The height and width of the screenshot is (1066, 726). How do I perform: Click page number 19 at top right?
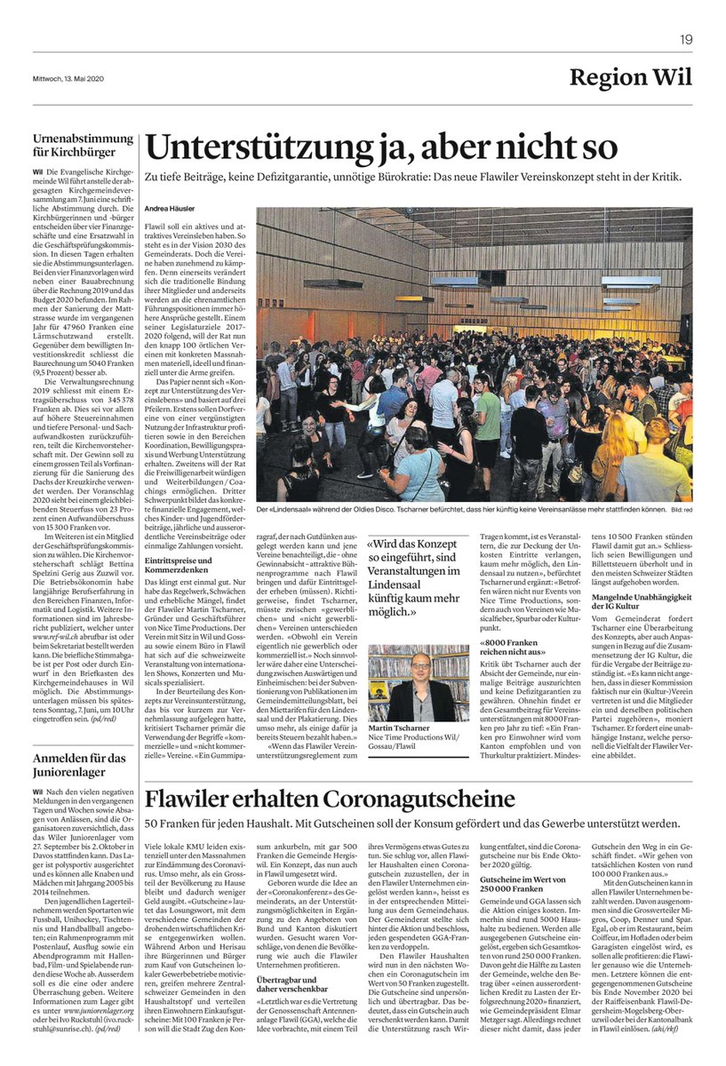pyautogui.click(x=686, y=39)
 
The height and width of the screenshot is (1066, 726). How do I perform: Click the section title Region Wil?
pyautogui.click(x=631, y=77)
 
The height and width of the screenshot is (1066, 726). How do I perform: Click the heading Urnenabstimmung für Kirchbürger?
pyautogui.click(x=83, y=145)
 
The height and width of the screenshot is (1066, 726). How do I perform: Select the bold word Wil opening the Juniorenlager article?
pyautogui.click(x=36, y=790)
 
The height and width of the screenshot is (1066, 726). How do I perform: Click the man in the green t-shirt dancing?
pyautogui.click(x=488, y=422)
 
